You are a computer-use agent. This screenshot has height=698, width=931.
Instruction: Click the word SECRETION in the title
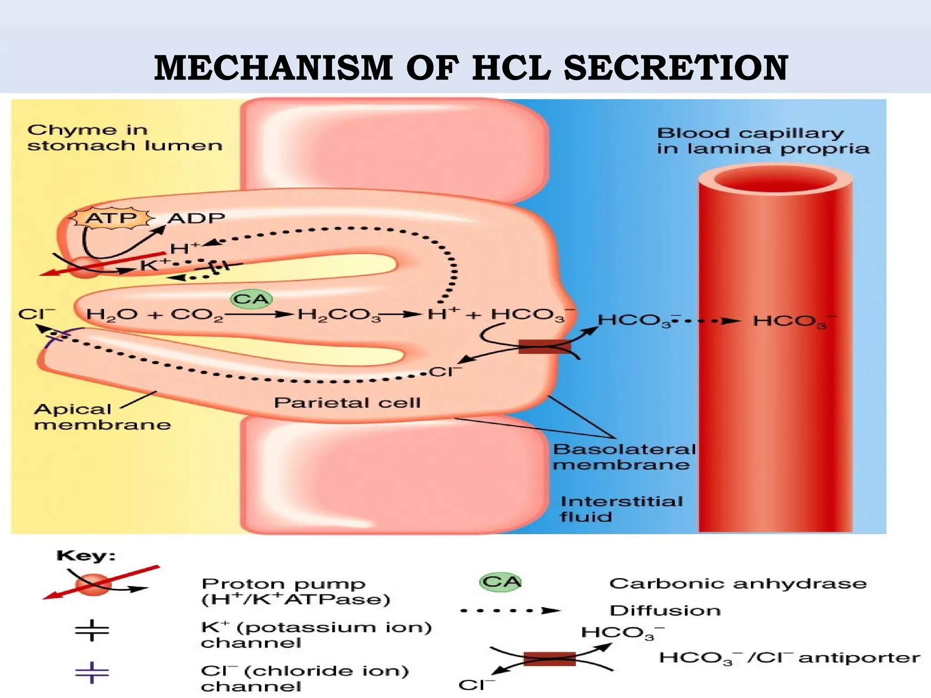click(x=676, y=68)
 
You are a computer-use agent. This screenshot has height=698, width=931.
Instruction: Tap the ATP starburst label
click(x=110, y=218)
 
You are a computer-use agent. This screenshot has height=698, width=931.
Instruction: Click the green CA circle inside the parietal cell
click(x=251, y=299)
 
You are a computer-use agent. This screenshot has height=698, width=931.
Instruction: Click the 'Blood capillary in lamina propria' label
click(x=763, y=141)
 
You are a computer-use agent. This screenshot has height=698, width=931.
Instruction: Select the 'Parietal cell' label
click(x=347, y=403)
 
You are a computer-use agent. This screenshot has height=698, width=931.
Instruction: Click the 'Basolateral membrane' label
click(x=624, y=457)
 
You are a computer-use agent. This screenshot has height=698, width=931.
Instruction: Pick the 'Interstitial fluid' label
click(x=621, y=509)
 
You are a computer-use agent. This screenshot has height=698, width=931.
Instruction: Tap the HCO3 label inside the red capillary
click(x=794, y=321)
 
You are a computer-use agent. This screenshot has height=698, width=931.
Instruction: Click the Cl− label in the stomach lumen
click(x=36, y=314)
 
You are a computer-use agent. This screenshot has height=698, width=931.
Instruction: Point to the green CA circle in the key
click(x=501, y=582)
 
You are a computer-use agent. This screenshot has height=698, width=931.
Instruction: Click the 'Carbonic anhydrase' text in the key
click(x=738, y=583)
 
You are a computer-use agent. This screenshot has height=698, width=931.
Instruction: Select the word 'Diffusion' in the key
click(x=665, y=610)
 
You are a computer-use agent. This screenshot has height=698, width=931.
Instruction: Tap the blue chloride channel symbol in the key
click(x=92, y=673)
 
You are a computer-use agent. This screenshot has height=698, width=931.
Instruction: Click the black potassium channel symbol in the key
click(x=92, y=630)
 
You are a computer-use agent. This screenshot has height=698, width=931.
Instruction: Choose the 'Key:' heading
click(x=86, y=556)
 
